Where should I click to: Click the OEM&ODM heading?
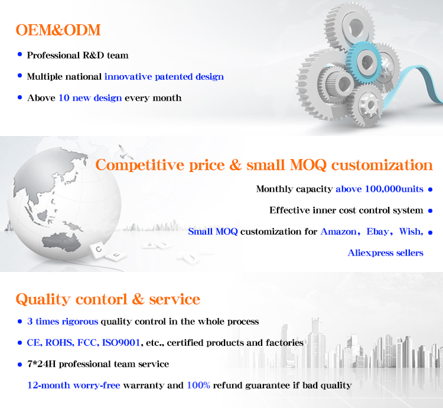pyautogui.click(x=58, y=30)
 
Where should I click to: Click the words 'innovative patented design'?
pyautogui.click(x=164, y=77)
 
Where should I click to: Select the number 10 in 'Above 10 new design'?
pyautogui.click(x=64, y=98)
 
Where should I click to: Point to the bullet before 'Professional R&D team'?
pyautogui.click(x=19, y=54)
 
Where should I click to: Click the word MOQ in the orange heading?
pyautogui.click(x=308, y=165)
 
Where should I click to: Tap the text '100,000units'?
pyautogui.click(x=394, y=189)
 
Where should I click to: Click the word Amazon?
pyautogui.click(x=338, y=232)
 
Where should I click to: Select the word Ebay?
pyautogui.click(x=377, y=232)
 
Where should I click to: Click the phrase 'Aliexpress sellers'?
pyautogui.click(x=385, y=252)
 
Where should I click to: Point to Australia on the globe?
pyautogui.click(x=61, y=242)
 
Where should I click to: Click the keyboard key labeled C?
pyautogui.click(x=98, y=250)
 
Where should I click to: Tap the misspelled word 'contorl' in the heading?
pyautogui.click(x=101, y=299)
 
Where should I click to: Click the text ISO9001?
pyautogui.click(x=121, y=343)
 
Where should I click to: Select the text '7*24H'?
pyautogui.click(x=41, y=364)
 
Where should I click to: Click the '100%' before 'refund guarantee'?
pyautogui.click(x=198, y=385)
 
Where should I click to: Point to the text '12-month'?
pyautogui.click(x=48, y=385)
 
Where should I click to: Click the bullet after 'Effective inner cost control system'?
pyautogui.click(x=430, y=211)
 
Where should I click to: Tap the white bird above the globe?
pyautogui.click(x=124, y=152)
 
